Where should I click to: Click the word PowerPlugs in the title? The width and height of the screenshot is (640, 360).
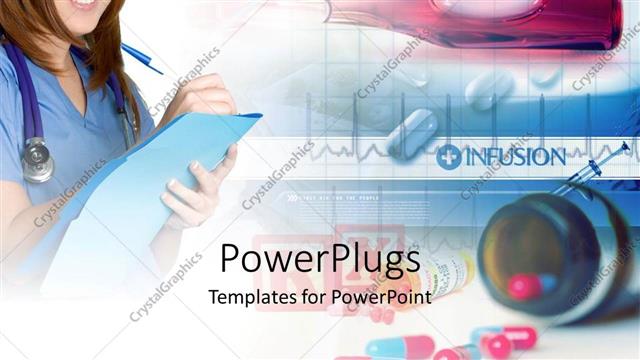point(318,262)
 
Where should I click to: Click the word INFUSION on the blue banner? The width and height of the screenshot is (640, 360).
point(514,157)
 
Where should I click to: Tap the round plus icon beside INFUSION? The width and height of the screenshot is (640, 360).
point(449,157)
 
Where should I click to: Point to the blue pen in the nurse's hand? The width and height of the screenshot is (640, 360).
point(142,58)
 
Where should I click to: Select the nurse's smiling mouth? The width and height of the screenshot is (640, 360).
point(85,4)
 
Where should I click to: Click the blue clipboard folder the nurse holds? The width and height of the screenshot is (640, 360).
point(150,180)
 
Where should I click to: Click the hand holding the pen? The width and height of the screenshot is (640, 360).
point(200,95)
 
